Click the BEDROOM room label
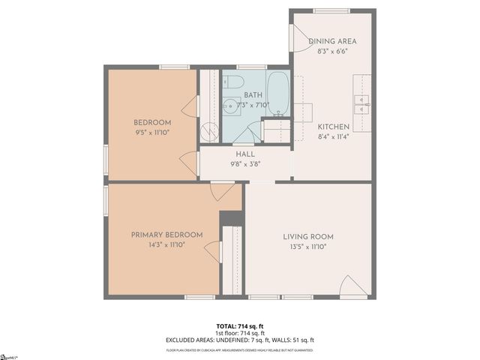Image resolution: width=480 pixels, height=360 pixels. point(152,122)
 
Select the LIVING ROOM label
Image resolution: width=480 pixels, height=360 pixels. point(308,236)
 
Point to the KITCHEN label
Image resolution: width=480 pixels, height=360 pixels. point(333,127)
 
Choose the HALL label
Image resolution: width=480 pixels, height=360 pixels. point(245,154)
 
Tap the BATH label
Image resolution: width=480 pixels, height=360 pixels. point(253,95)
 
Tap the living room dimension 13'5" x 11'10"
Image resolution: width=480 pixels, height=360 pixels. point(308,246)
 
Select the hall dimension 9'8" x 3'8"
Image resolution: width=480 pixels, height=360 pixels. point(245,163)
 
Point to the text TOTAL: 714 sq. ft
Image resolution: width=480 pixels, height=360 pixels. point(240,325)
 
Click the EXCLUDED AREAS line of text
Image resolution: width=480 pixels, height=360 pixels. point(240,340)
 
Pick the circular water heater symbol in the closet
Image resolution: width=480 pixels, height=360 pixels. point(211,132)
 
